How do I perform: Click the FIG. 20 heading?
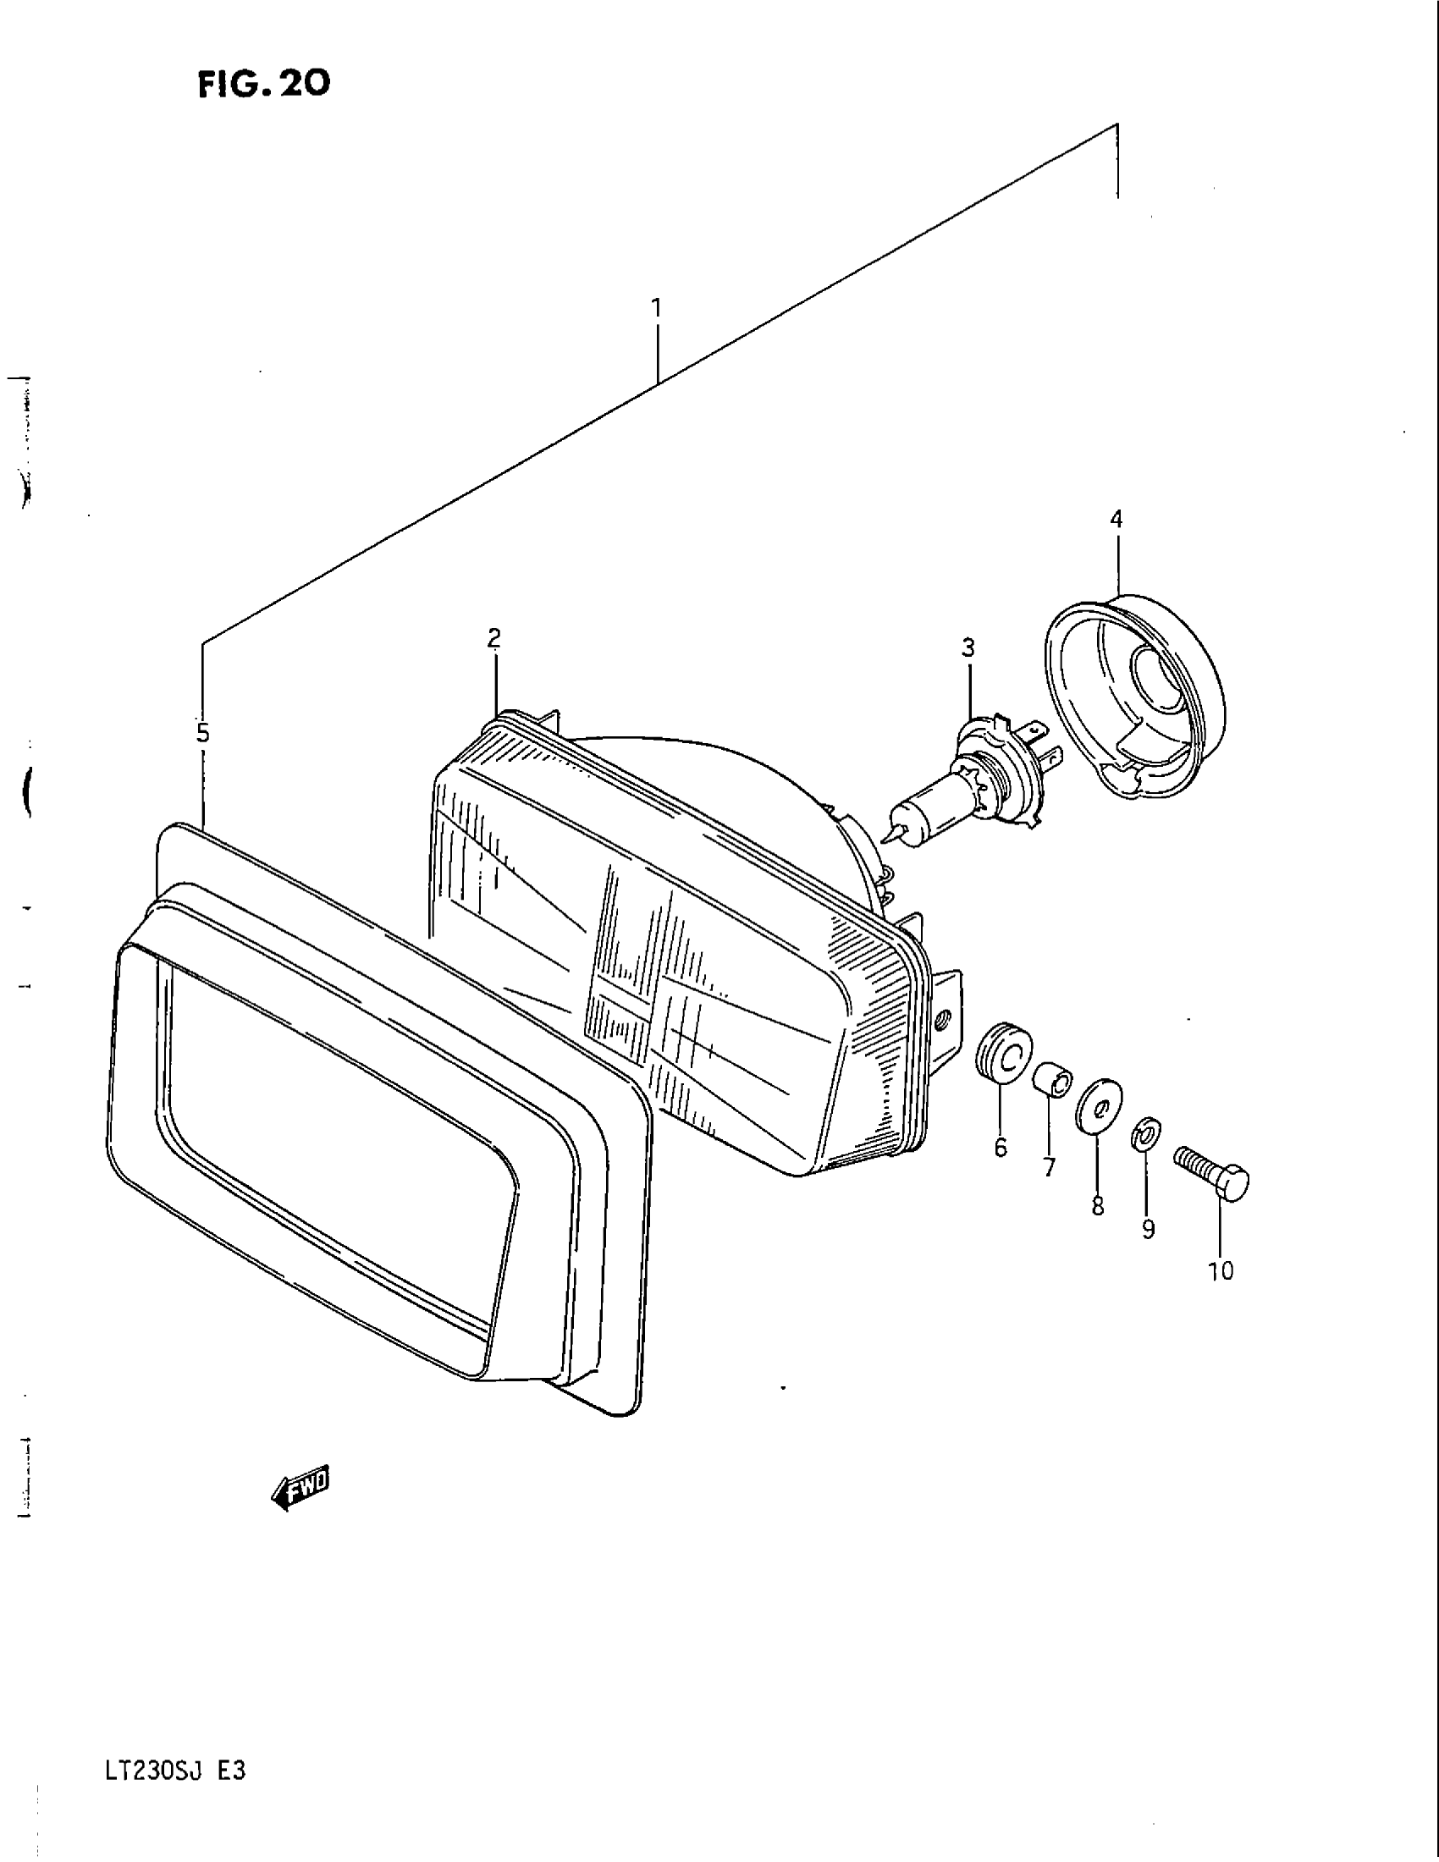(x=264, y=85)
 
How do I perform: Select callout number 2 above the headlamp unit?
(x=494, y=637)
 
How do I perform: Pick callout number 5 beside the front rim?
(x=203, y=733)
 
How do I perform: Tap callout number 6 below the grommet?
(x=1001, y=1148)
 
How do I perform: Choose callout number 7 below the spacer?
(x=1049, y=1166)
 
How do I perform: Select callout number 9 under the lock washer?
(x=1149, y=1229)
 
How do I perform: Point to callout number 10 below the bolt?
(x=1221, y=1294)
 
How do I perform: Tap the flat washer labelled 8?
(x=1100, y=1108)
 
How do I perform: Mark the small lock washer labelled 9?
(x=1144, y=1136)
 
